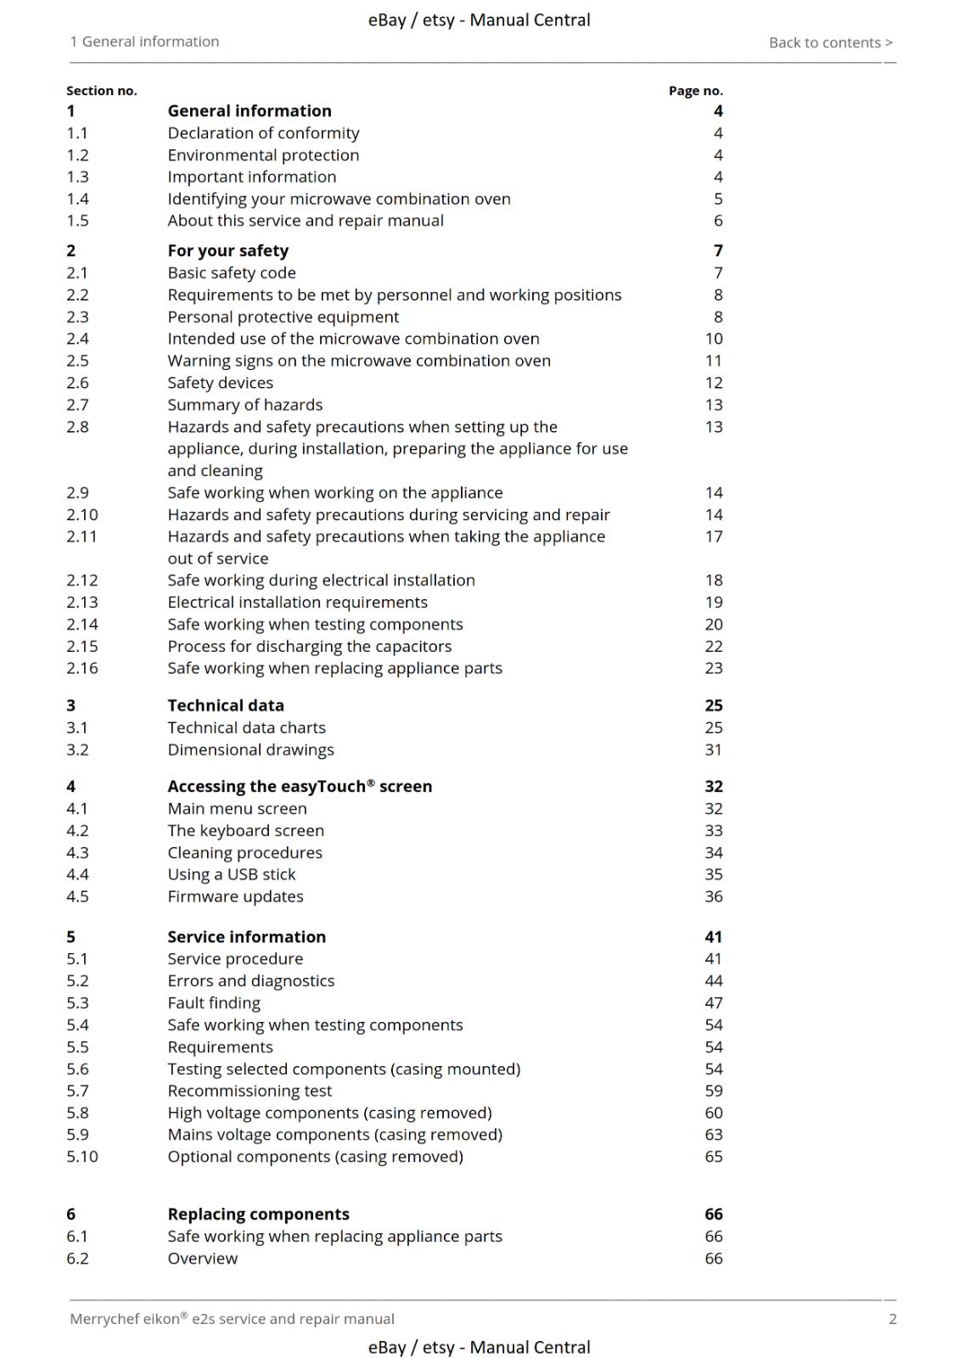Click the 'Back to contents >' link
830,42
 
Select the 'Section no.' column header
102,91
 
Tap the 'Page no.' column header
695,91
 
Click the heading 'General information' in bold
250,111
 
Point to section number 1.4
77,199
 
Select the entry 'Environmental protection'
263,155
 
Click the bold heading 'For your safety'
227,251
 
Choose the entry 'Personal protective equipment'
283,317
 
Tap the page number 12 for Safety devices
714,383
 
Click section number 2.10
82,514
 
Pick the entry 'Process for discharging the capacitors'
309,646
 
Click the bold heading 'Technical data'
226,705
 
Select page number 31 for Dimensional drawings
713,749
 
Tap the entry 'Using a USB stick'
232,874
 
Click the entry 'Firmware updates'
235,896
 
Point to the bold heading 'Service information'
246,937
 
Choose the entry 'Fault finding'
214,1003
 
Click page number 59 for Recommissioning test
714,1091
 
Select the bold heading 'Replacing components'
258,1215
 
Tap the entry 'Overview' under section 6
202,1259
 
